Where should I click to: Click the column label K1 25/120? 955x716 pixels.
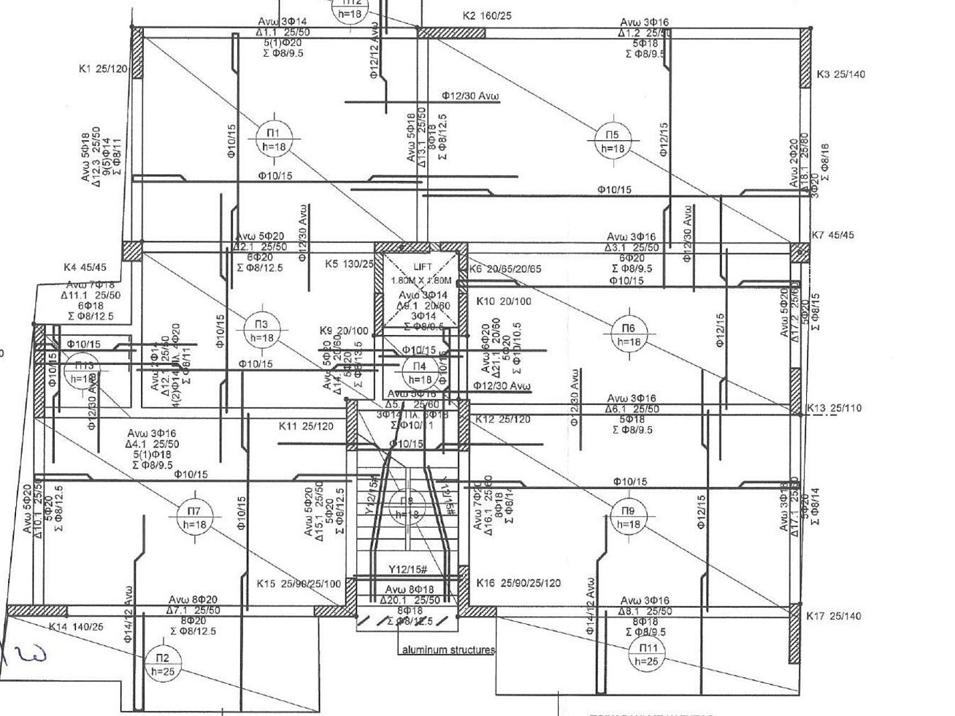tap(103, 69)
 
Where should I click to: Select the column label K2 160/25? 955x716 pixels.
tap(487, 15)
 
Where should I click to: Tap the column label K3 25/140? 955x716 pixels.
tap(840, 74)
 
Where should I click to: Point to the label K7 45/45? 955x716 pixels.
tap(832, 235)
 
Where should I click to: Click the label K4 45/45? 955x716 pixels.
tap(85, 268)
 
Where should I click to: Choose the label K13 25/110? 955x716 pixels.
tap(834, 408)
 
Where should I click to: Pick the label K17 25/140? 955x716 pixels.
tap(833, 616)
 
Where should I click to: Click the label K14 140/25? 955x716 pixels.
tap(76, 626)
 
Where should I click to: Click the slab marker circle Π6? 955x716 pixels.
tap(629, 334)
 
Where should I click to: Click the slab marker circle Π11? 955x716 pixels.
tap(648, 654)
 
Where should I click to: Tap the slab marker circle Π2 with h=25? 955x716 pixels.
tap(163, 664)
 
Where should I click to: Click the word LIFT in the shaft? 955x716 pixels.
tap(423, 266)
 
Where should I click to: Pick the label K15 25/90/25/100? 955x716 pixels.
tap(299, 584)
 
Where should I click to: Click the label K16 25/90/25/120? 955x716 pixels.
tap(518, 583)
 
